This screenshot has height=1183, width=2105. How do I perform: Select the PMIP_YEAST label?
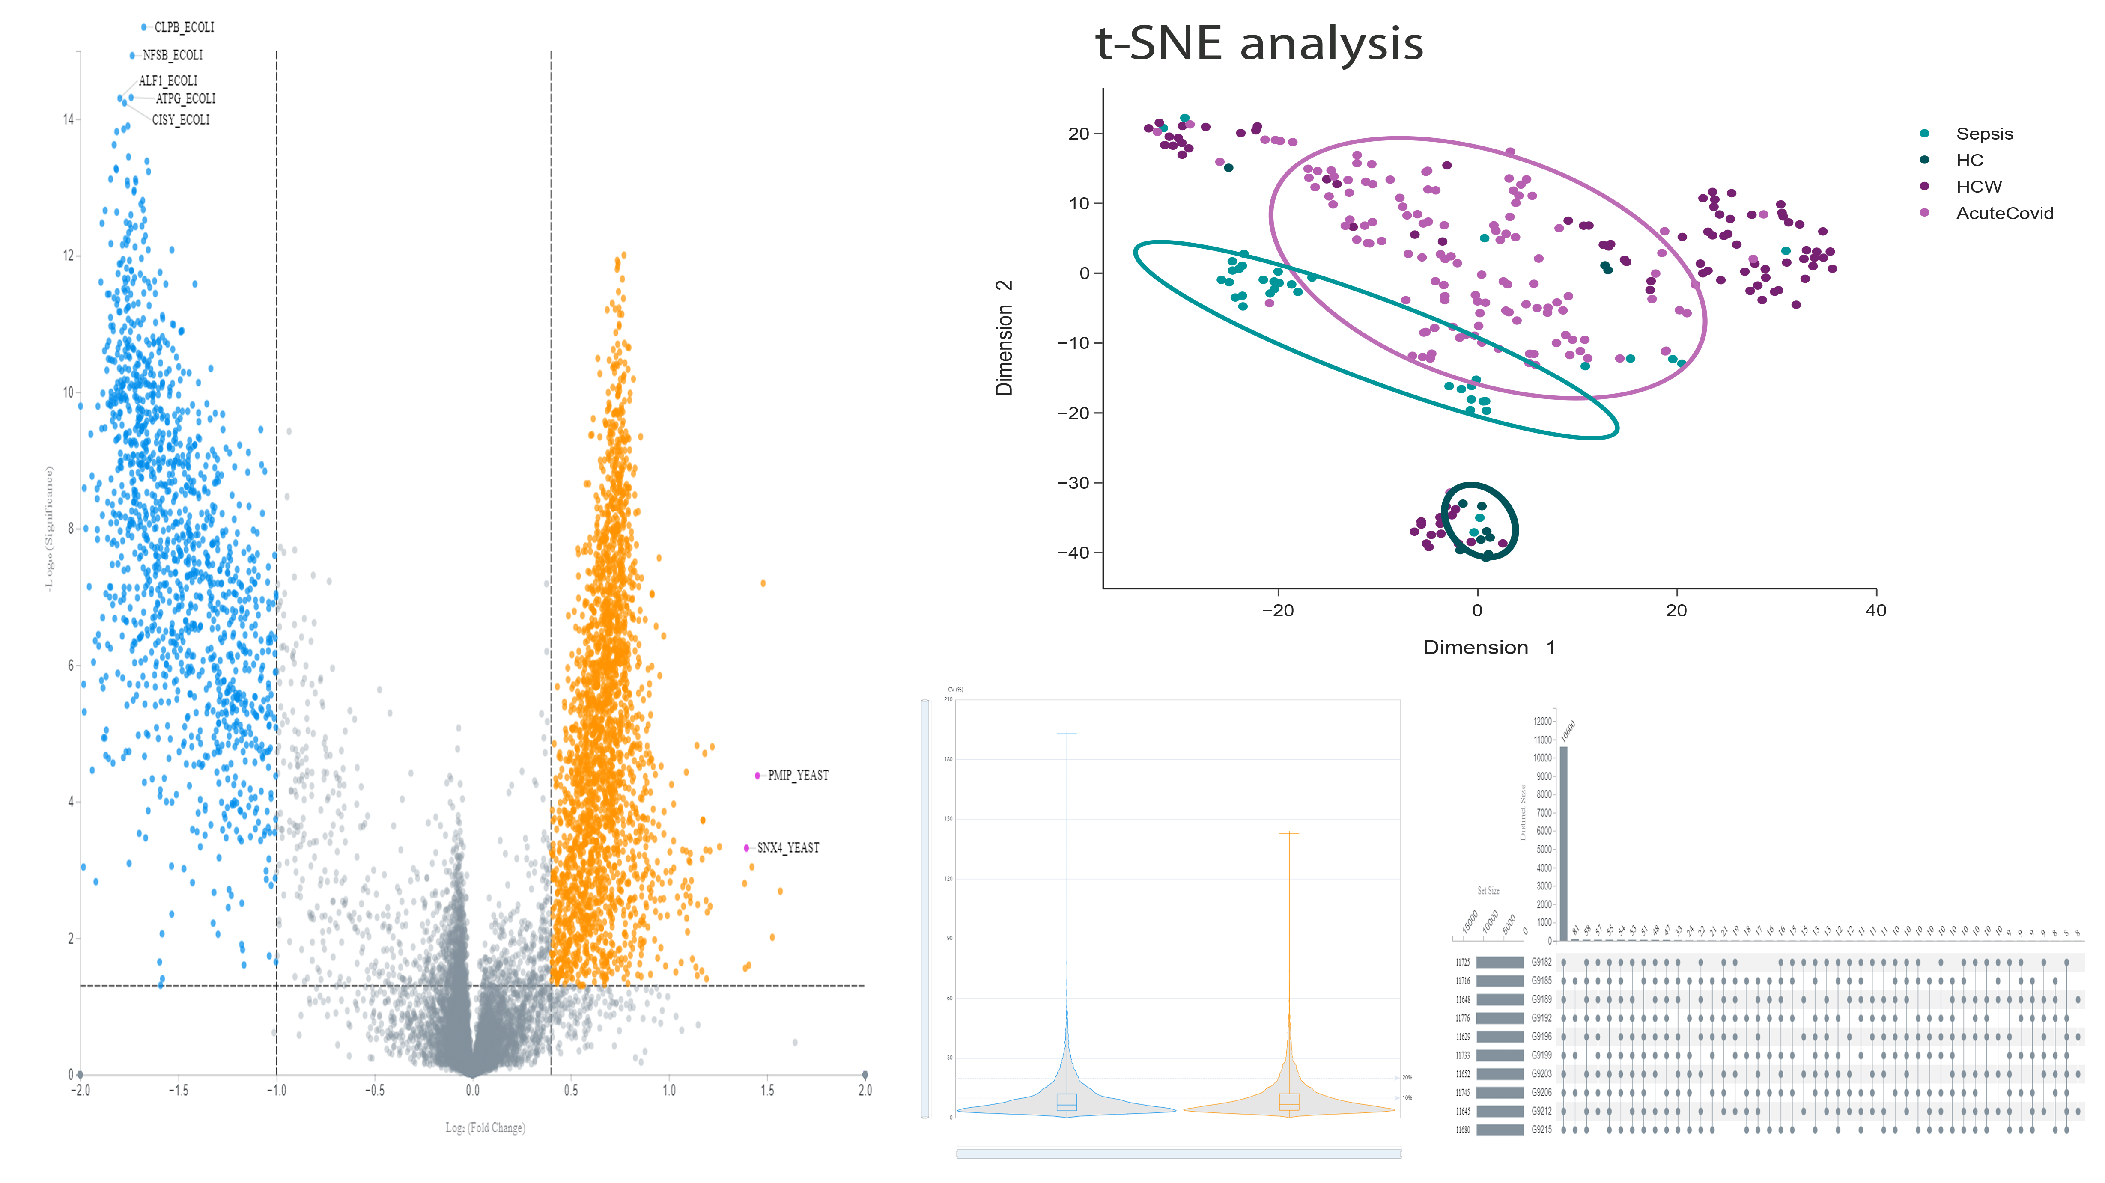[798, 775]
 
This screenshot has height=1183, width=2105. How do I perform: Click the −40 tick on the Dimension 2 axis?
[1074, 553]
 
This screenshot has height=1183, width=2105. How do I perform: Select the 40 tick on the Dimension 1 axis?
[1875, 610]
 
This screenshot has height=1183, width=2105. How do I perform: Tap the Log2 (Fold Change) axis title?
[485, 1128]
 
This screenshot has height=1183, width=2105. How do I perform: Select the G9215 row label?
[1541, 1130]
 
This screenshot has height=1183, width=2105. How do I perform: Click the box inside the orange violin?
[1289, 1101]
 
